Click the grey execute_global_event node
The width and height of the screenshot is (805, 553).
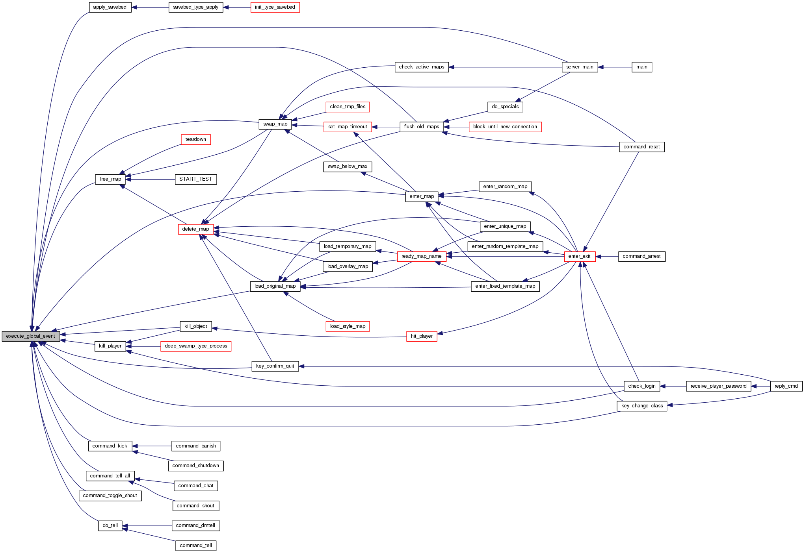coord(31,336)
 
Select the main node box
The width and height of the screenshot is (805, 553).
coord(641,67)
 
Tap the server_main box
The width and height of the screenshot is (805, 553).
coord(580,67)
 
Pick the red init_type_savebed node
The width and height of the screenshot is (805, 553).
coord(275,7)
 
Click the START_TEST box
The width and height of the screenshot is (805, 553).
coord(195,179)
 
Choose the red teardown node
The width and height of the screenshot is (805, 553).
coord(195,139)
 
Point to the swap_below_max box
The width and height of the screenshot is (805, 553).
coord(347,166)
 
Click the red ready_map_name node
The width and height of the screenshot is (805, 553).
coord(421,256)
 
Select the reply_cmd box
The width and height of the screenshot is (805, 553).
coord(786,386)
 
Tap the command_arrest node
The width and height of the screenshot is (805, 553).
coord(641,256)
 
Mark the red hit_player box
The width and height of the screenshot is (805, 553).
coord(422,336)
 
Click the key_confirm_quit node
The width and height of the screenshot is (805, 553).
coord(275,366)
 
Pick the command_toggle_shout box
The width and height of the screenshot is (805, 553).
coord(110,496)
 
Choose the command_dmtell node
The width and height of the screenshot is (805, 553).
coord(195,525)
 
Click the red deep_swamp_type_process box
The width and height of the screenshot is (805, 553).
coord(196,346)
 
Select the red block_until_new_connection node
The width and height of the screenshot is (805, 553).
coord(505,127)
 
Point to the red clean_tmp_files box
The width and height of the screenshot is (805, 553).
coord(348,107)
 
